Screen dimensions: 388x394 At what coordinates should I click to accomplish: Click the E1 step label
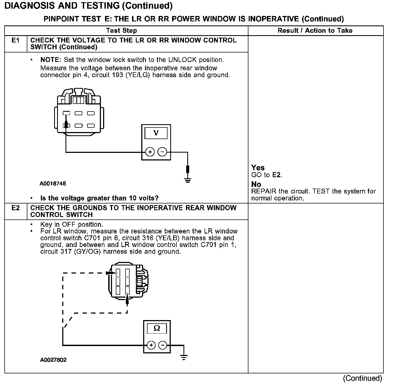pos(16,41)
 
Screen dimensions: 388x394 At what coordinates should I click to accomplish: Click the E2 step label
pos(16,208)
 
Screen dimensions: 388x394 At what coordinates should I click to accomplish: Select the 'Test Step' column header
pos(122,31)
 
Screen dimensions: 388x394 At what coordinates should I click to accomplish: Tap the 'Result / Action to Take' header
pos(315,31)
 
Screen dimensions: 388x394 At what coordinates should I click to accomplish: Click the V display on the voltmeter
pos(156,133)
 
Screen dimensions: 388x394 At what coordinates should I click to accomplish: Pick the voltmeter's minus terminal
pos(162,152)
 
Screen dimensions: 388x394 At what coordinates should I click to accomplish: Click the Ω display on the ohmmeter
pos(157,328)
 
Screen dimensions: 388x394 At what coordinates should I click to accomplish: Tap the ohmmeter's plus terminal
pos(151,345)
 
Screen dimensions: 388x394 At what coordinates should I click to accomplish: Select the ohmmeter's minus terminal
pos(162,345)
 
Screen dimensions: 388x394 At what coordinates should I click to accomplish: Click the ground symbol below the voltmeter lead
pos(188,180)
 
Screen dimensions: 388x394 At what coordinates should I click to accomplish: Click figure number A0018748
pos(53,184)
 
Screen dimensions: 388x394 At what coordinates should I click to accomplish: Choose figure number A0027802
pos(53,360)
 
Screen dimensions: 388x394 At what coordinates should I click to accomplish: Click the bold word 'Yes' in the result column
pos(258,168)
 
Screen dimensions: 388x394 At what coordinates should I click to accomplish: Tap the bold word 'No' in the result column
pos(256,185)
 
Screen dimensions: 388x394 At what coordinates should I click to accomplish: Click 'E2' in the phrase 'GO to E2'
pos(277,175)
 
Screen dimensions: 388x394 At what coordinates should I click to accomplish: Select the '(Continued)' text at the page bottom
pos(362,378)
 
